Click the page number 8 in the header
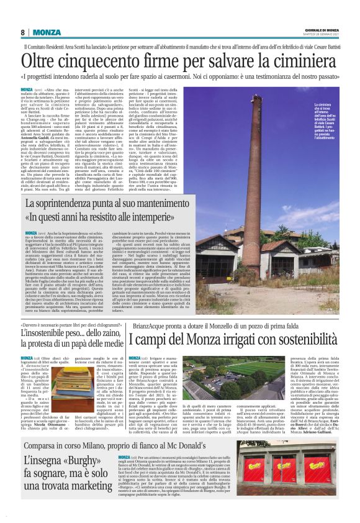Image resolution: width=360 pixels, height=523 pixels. point(23,32)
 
